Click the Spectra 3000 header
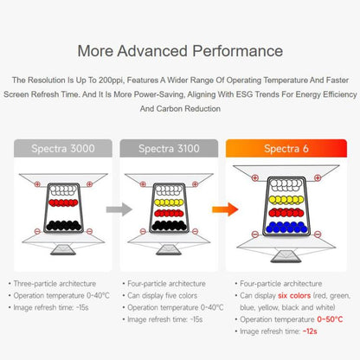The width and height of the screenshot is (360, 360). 63,149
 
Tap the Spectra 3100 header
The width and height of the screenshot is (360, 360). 169,149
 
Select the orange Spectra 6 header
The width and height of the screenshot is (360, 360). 286,149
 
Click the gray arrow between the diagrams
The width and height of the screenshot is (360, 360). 119,209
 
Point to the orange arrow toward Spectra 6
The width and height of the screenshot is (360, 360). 225,209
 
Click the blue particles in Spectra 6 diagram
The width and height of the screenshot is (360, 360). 286,228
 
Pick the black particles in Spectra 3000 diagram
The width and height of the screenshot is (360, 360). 63,225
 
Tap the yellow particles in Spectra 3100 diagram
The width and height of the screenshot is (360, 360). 169,202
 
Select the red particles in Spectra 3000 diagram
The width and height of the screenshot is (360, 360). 63,202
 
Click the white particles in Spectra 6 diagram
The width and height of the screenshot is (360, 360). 286,185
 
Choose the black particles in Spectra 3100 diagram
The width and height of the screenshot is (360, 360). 170,225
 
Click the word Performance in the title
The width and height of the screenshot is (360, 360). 238,51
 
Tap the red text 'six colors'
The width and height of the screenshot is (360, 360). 294,296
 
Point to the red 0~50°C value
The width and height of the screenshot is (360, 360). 330,319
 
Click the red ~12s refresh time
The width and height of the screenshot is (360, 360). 310,331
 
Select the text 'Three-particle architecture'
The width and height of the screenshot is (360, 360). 55,284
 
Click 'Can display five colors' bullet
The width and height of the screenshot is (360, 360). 163,296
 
